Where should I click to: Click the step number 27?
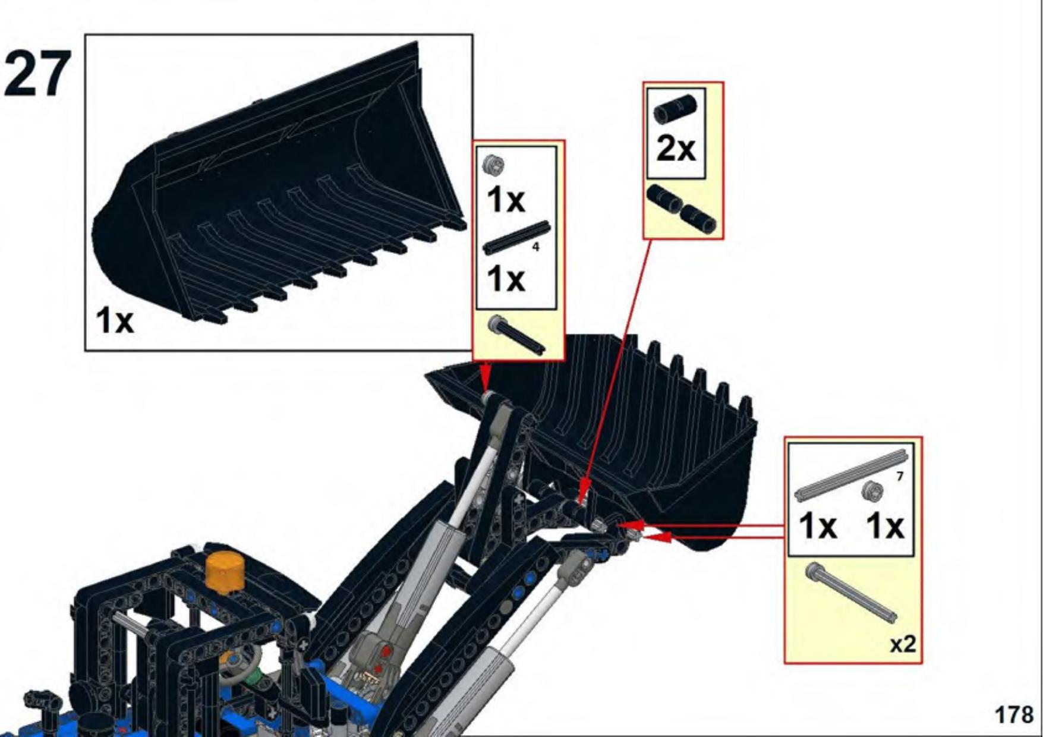pyautogui.click(x=37, y=74)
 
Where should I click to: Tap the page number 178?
pyautogui.click(x=1014, y=714)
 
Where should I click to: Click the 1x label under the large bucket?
pyautogui.click(x=115, y=321)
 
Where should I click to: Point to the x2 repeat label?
pyautogui.click(x=902, y=644)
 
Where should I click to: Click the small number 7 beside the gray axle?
pyautogui.click(x=900, y=476)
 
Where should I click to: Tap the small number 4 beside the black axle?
pyautogui.click(x=535, y=247)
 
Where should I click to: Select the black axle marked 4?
pyautogui.click(x=516, y=237)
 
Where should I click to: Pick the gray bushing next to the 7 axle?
pyautogui.click(x=872, y=490)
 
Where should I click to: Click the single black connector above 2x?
pyautogui.click(x=675, y=109)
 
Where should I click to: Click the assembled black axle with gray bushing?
pyautogui.click(x=516, y=335)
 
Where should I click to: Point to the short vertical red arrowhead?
pyautogui.click(x=485, y=377)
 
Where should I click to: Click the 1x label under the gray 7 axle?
pyautogui.click(x=818, y=526)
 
